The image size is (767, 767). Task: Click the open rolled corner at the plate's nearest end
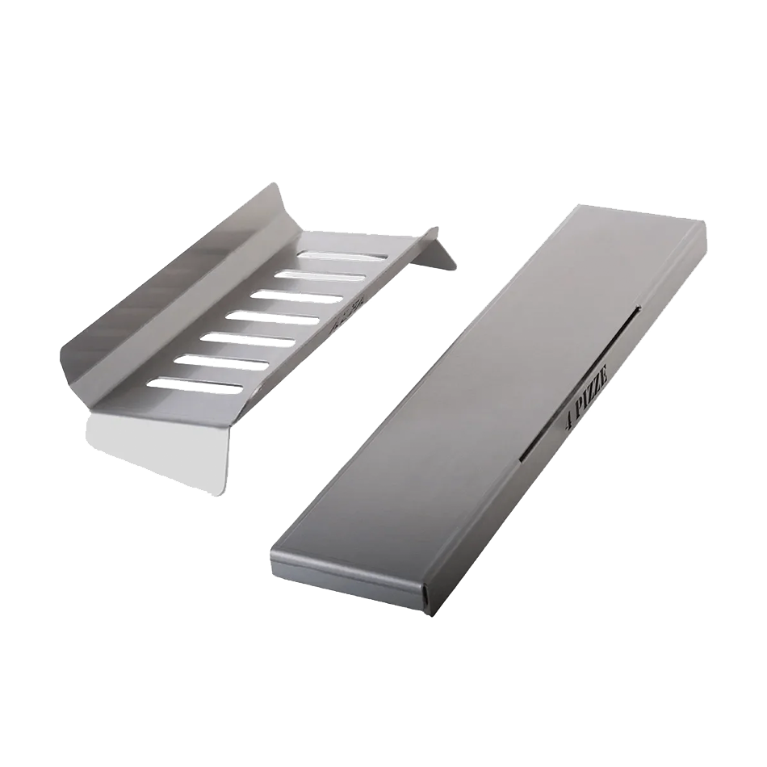click(423, 597)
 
